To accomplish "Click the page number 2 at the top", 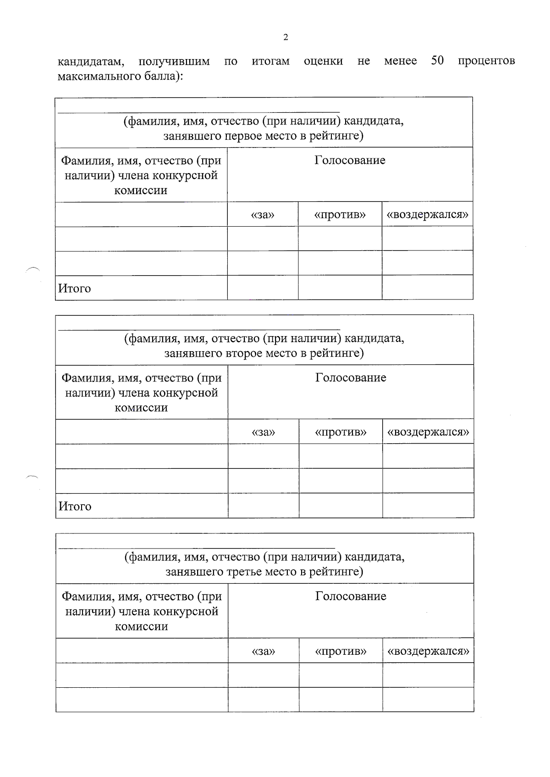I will click(286, 38).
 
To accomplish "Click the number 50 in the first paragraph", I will click(437, 60).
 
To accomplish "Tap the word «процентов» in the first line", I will click(486, 61).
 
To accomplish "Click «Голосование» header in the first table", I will click(350, 160).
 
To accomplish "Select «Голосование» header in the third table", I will click(351, 596).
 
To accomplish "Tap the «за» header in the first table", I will click(263, 215).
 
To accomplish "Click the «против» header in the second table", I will click(341, 432).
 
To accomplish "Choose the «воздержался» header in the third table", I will click(428, 651).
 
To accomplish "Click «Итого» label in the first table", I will click(75, 288).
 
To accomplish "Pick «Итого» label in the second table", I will click(75, 506).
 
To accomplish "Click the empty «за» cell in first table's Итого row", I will click(263, 288).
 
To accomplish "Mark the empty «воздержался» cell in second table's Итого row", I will click(428, 505).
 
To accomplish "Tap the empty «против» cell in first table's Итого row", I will click(340, 288).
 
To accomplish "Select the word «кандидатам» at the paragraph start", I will click(91, 61).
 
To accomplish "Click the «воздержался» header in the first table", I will click(427, 215).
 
